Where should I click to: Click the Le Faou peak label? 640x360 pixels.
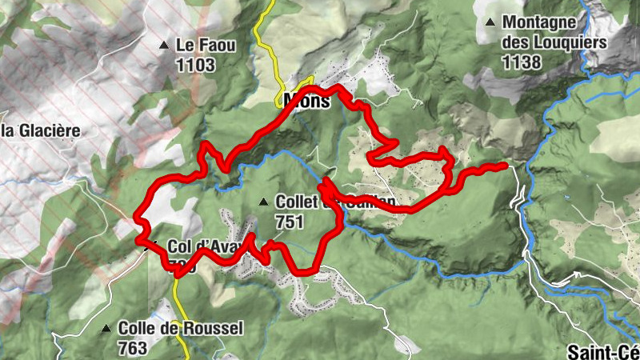tap(206, 46)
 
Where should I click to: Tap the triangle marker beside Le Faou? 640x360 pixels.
tap(165, 45)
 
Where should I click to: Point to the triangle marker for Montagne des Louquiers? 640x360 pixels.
tap(490, 22)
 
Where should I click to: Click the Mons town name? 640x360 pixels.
tap(306, 102)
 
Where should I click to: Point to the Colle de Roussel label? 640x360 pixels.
tap(180, 328)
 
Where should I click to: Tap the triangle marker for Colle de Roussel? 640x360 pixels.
tap(106, 328)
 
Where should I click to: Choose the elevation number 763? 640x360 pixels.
tap(132, 347)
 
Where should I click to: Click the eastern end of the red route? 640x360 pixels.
tap(505, 166)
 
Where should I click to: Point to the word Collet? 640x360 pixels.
tap(298, 202)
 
